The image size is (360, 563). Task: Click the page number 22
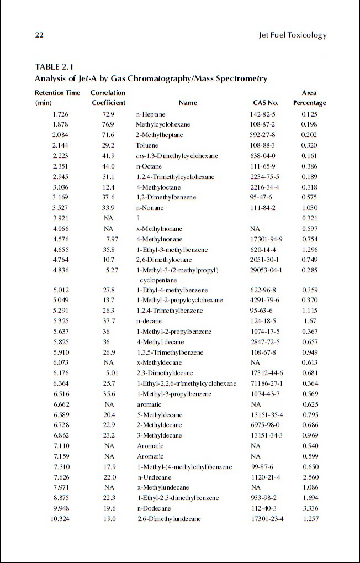39,35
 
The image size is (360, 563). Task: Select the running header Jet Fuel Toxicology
293,35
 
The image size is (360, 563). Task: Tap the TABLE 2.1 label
54,67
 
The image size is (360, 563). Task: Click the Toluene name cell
146,145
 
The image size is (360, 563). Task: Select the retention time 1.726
60,114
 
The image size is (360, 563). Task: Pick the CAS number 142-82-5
262,114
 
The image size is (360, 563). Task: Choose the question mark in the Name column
138,219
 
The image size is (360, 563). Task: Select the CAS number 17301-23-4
268,519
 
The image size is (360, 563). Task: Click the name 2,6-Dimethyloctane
163,261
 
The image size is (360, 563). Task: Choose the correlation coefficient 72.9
108,114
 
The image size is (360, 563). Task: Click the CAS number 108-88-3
262,145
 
